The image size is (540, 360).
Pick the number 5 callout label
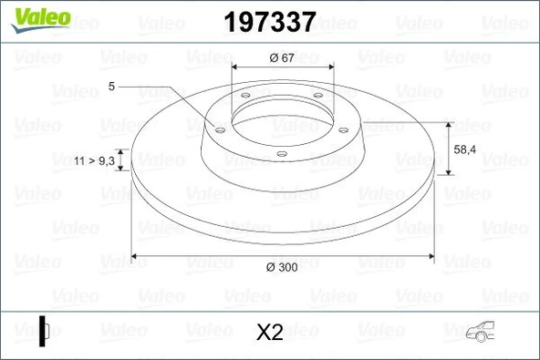[x=111, y=86]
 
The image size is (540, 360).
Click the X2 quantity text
[x=271, y=333]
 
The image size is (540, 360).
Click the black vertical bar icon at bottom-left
[x=42, y=329]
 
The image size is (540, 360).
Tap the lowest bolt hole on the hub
[x=281, y=152]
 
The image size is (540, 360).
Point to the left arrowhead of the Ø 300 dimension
[x=137, y=254]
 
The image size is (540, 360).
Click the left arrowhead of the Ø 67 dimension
[x=236, y=68]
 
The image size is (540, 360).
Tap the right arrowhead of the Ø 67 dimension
[x=327, y=68]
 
